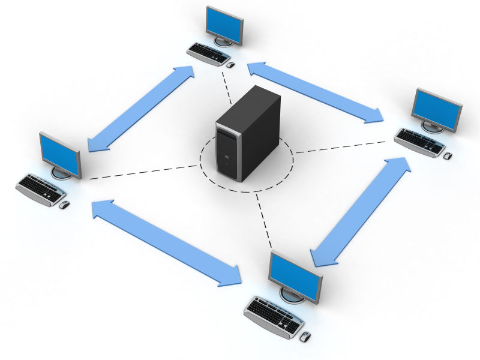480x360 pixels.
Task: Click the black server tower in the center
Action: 248,132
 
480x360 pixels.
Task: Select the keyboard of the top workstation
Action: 208,53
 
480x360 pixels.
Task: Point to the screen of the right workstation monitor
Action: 437,108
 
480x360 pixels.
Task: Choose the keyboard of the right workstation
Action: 420,142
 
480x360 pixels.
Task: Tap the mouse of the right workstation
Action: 447,155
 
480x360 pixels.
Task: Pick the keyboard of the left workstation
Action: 40,189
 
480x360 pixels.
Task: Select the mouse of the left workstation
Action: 64,205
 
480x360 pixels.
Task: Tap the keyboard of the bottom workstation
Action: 274,316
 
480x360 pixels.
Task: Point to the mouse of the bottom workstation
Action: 306,337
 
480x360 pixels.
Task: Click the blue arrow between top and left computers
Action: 142,108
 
